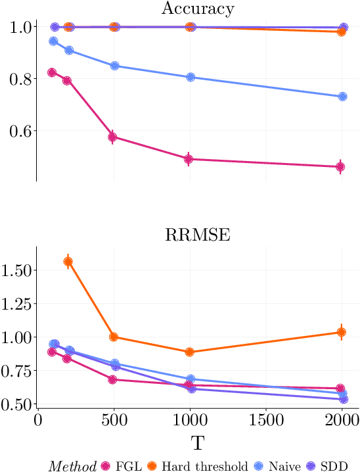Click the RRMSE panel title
190,235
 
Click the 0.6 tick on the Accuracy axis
18,131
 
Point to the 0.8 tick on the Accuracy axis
18,79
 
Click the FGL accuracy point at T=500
113,137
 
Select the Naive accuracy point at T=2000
342,97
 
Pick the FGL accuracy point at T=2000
340,167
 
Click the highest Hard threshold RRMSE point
68,262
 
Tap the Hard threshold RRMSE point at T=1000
190,352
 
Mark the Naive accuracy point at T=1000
191,77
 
